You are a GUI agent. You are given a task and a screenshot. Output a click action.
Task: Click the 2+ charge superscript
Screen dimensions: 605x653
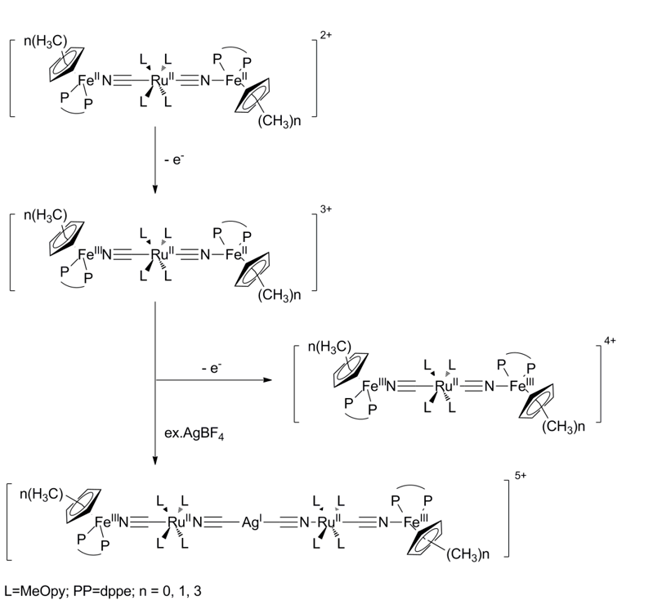326,38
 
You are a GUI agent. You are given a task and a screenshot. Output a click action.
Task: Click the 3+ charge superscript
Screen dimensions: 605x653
326,210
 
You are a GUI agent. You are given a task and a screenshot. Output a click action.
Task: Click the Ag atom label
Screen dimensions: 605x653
251,521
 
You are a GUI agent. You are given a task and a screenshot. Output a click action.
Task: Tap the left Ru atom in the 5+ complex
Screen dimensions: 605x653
174,521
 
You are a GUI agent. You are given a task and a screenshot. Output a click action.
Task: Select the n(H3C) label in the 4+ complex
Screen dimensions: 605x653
330,350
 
